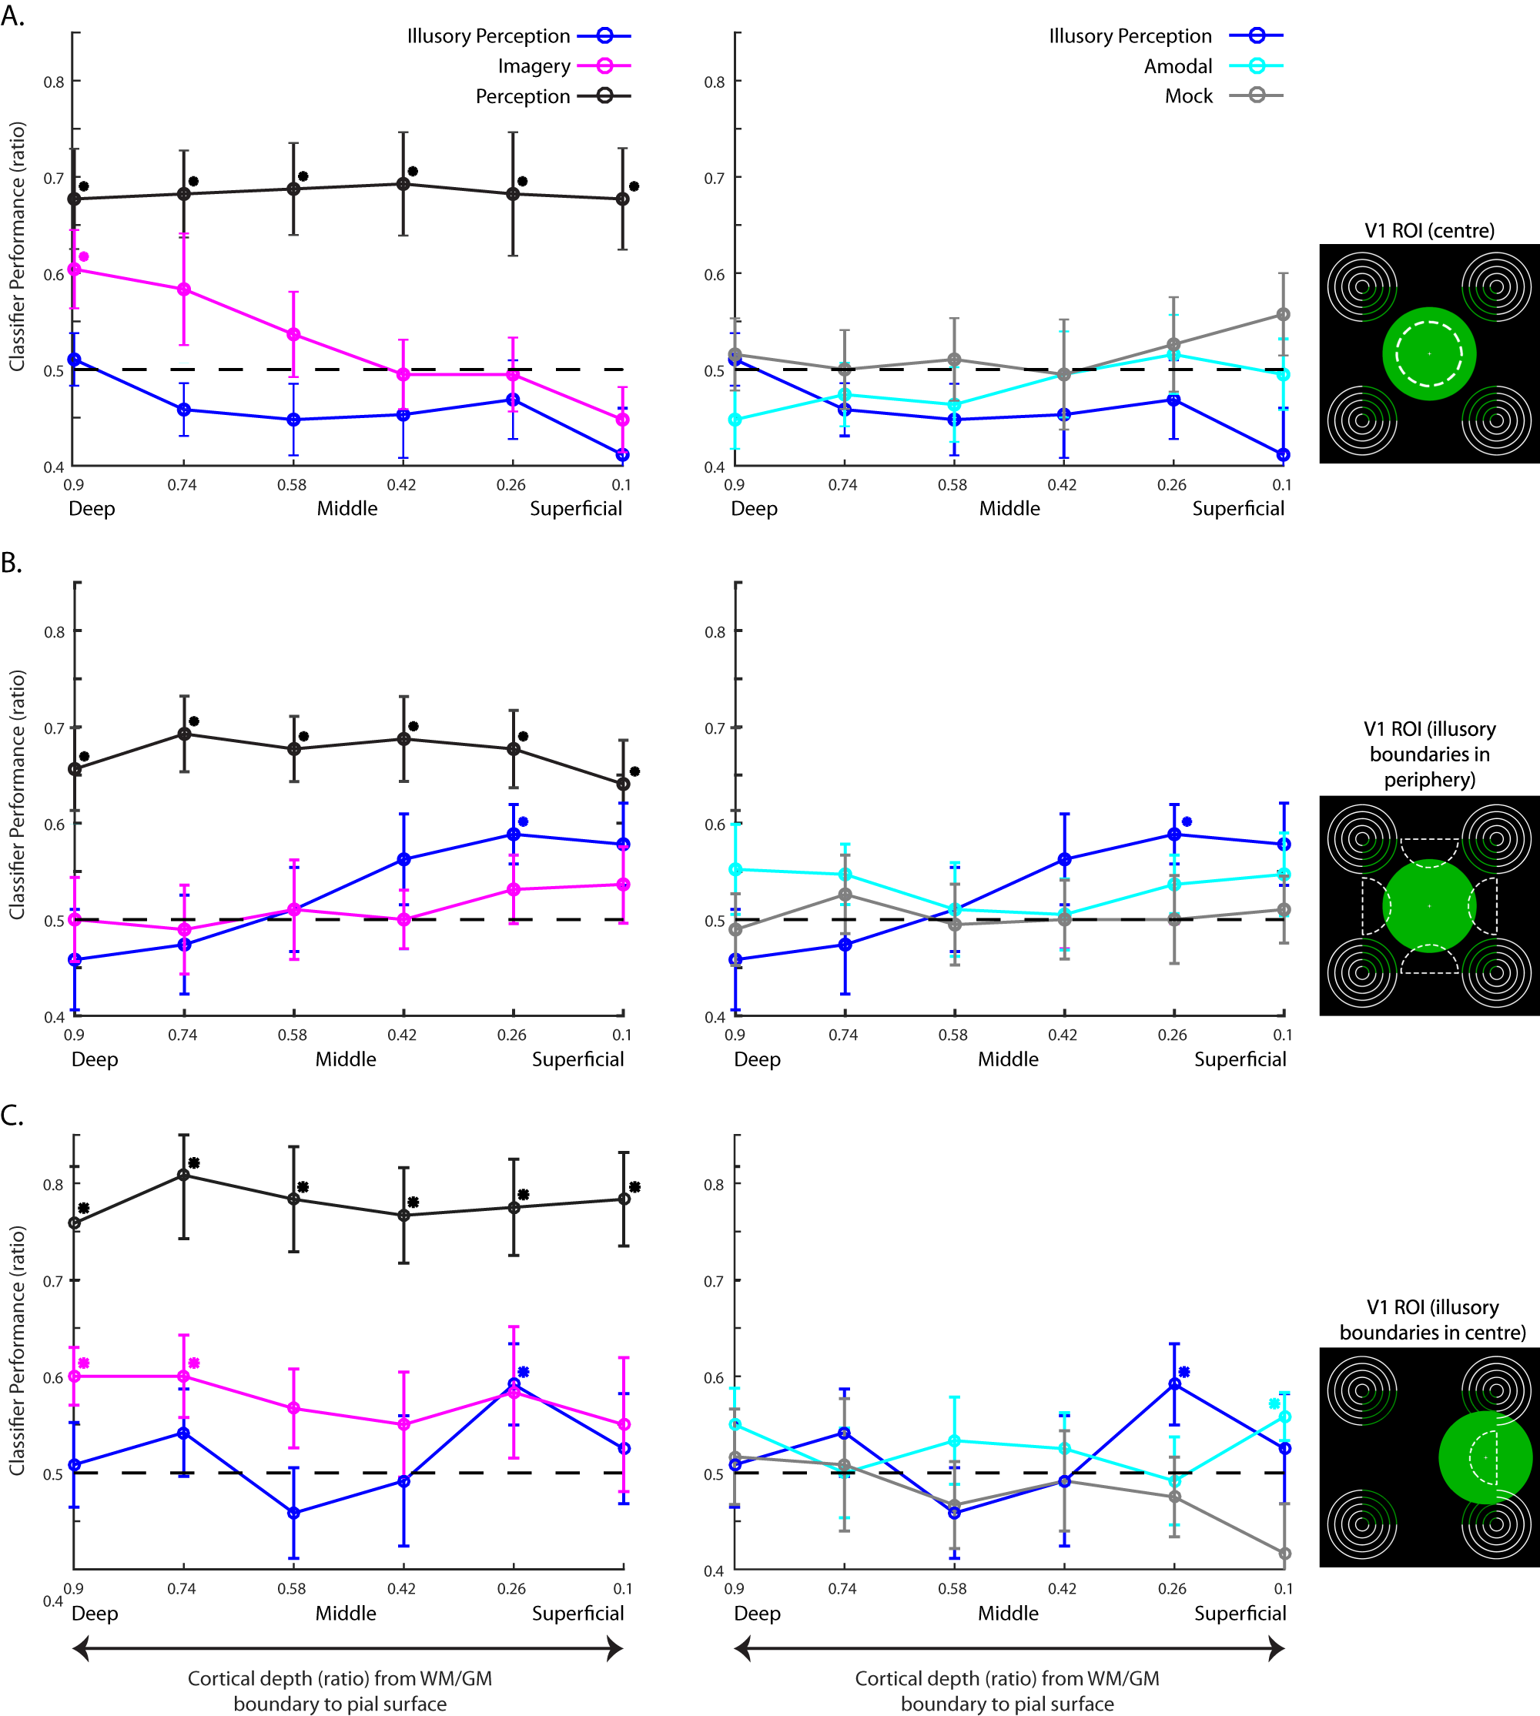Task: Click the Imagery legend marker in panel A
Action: [605, 66]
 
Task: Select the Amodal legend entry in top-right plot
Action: [1178, 66]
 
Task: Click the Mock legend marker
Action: [1257, 95]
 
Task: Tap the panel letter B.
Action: [11, 564]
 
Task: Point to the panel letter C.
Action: [12, 1116]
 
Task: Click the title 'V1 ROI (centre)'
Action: [1429, 230]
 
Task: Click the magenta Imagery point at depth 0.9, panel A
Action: [75, 269]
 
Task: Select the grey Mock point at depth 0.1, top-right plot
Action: [1284, 315]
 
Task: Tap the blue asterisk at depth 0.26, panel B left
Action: [523, 821]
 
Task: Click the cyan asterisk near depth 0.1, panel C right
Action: [1274, 1403]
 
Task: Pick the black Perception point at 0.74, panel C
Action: [183, 1175]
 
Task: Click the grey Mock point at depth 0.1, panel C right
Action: [1284, 1554]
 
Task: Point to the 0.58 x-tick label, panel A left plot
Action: [292, 485]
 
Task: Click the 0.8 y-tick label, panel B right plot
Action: [715, 632]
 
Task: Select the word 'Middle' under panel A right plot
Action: [1009, 509]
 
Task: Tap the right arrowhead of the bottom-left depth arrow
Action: [616, 1647]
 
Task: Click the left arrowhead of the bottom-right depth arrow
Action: [742, 1647]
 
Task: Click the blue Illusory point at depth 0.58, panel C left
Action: [293, 1513]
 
